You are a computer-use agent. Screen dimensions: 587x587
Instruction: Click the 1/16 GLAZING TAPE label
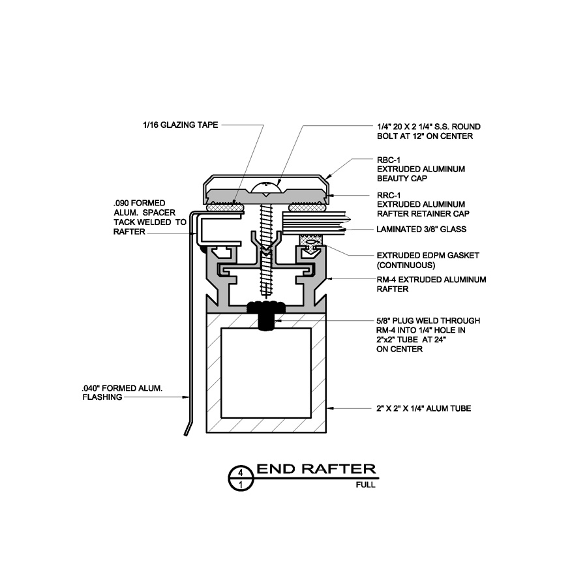[181, 125]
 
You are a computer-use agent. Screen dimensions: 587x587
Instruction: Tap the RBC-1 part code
[389, 160]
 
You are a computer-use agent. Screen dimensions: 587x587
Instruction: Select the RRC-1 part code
[389, 196]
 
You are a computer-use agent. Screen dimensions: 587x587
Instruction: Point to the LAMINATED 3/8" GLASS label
[421, 229]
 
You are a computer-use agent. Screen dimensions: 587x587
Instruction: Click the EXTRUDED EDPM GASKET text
[428, 255]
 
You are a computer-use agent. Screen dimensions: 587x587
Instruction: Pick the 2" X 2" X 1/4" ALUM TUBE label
[424, 408]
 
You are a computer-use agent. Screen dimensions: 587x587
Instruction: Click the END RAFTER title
[316, 469]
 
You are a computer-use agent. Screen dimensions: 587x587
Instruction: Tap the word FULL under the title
[365, 485]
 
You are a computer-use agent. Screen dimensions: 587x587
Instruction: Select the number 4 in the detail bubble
[241, 472]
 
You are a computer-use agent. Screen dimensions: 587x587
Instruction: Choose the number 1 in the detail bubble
[241, 485]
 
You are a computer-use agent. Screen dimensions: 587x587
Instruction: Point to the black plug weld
[266, 315]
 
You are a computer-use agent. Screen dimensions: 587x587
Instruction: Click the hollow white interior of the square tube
[266, 373]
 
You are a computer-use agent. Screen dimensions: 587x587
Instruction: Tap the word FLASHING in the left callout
[102, 397]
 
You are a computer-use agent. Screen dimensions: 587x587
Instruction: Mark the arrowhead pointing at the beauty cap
[328, 176]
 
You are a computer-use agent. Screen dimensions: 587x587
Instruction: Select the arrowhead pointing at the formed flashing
[185, 397]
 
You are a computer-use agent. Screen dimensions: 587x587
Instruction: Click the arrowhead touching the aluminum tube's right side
[330, 408]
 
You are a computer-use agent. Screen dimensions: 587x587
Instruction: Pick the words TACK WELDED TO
[150, 222]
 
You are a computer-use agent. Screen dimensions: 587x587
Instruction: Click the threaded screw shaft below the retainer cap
[265, 248]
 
